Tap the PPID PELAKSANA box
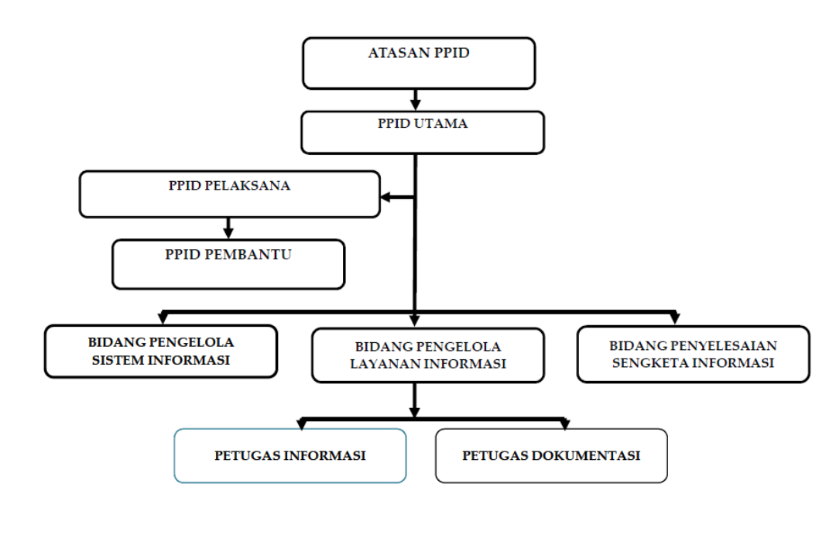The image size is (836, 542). coord(230,194)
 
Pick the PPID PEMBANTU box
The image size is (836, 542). coord(228,264)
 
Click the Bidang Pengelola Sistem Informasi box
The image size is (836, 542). coord(161,351)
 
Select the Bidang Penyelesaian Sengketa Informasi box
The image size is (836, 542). coord(694,354)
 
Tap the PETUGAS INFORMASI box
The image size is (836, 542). coord(290,455)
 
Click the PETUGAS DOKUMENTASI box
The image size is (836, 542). coord(551,455)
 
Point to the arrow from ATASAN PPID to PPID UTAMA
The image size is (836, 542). coord(416,100)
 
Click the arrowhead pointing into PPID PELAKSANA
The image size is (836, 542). coord(386,197)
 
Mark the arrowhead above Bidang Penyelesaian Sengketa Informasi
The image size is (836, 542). coord(674,317)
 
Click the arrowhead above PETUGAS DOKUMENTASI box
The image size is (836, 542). coord(564,424)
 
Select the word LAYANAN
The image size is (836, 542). coord(385,364)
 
